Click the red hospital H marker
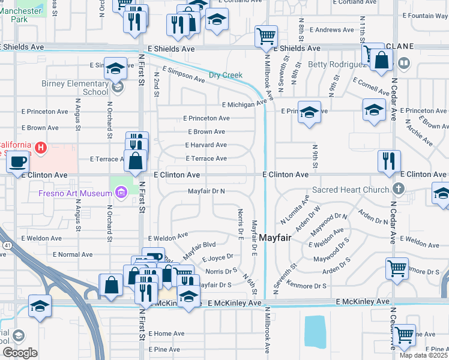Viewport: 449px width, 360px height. click(x=40, y=147)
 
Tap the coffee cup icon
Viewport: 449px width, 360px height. click(x=18, y=163)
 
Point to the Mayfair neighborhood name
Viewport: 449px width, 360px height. click(x=275, y=238)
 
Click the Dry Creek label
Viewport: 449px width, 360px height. click(x=225, y=76)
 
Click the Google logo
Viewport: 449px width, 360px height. click(x=20, y=352)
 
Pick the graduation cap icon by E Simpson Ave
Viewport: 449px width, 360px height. click(x=115, y=68)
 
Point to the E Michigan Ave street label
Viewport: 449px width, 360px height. click(x=243, y=104)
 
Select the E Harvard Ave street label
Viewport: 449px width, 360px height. click(x=206, y=145)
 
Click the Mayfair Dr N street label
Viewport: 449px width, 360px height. click(x=206, y=191)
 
